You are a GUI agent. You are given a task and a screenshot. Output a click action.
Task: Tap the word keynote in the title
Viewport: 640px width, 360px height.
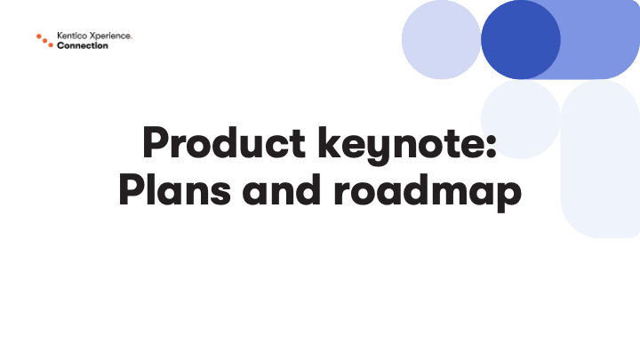401,145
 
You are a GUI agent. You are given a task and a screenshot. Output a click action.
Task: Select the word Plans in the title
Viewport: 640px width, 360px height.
175,189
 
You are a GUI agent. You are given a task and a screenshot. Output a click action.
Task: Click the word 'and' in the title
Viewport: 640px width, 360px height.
281,189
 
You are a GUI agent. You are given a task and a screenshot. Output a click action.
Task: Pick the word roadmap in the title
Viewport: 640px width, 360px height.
428,192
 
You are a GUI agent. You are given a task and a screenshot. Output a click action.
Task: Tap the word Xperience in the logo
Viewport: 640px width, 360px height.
109,36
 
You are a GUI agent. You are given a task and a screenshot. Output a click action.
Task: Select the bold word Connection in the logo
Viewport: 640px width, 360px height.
83,45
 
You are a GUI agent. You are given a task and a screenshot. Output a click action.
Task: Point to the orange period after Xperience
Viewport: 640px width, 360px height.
131,38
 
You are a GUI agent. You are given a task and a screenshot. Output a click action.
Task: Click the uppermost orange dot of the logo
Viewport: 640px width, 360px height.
39,36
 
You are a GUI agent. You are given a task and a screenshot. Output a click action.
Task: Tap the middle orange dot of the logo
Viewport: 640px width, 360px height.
45,41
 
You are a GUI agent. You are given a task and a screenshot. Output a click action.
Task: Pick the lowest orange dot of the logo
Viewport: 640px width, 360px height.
51,45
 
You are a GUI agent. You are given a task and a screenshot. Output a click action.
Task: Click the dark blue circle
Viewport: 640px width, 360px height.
520,40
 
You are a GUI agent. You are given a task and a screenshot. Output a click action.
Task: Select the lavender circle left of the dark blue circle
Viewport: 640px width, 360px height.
441,40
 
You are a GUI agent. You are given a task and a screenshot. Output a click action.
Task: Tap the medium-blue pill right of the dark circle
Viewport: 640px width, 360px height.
600,40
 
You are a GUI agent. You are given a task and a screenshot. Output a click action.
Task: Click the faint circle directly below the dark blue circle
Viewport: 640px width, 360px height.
520,119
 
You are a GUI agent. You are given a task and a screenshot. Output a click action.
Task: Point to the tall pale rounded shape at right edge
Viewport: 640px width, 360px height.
600,159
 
